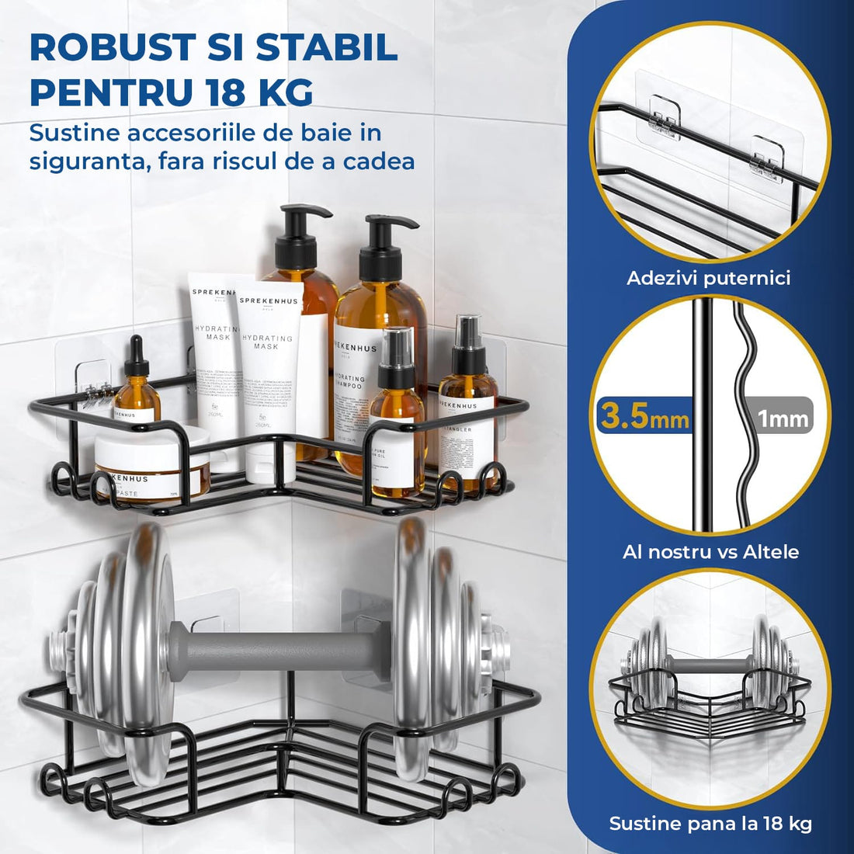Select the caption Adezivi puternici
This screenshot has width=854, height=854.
(x=708, y=278)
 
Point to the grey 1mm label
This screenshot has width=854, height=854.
(x=783, y=419)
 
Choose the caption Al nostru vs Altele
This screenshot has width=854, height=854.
(x=710, y=552)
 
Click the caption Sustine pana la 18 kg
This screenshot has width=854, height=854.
(x=710, y=824)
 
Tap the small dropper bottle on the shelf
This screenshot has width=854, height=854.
(x=137, y=384)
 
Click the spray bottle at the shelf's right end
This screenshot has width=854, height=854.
(x=467, y=411)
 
